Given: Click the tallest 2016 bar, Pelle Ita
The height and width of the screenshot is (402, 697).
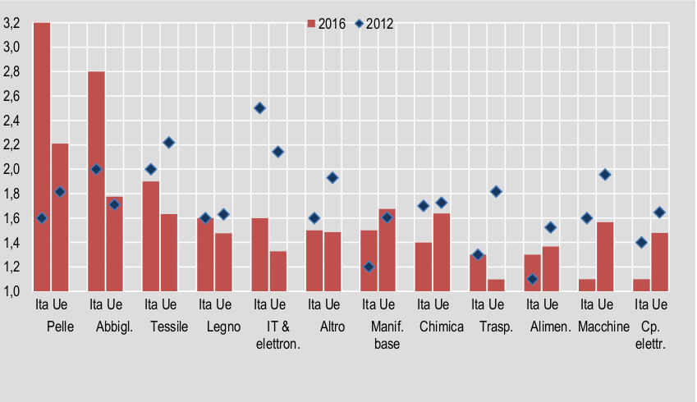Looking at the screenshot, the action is click(42, 157).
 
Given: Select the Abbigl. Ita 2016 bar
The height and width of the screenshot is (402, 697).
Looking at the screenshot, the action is click(96, 181).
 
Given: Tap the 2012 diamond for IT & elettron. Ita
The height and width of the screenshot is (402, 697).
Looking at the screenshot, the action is click(260, 108).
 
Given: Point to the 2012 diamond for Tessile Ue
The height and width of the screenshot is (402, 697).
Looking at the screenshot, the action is click(169, 143).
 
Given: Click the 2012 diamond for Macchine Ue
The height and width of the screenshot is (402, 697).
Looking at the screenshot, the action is click(605, 175).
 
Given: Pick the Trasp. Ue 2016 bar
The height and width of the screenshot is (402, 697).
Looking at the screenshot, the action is click(496, 286).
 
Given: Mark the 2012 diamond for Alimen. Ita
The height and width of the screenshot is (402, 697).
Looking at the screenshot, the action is click(533, 279).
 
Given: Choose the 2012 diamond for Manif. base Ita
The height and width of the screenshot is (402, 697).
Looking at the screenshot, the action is click(369, 267).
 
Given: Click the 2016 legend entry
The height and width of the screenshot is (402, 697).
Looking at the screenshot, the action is click(327, 24).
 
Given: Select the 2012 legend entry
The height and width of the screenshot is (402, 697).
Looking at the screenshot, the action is click(374, 24).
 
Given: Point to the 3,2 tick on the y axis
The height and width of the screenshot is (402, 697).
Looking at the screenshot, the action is click(11, 23).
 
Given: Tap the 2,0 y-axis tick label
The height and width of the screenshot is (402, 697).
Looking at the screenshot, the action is click(11, 169).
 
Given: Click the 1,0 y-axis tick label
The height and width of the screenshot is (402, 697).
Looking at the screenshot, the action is click(11, 291).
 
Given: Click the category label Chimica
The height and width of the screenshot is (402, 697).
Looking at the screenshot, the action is click(442, 327).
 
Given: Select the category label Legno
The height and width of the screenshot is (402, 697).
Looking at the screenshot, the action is click(223, 327).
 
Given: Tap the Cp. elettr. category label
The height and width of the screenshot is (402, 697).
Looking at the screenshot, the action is click(650, 336).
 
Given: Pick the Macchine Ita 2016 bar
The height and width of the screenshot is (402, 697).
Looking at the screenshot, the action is click(587, 286).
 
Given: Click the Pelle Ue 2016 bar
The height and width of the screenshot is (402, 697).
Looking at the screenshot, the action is click(60, 217).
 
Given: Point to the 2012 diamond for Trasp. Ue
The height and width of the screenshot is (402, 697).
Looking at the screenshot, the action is click(496, 191).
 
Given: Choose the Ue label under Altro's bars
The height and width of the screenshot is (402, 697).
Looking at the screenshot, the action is click(333, 304).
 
